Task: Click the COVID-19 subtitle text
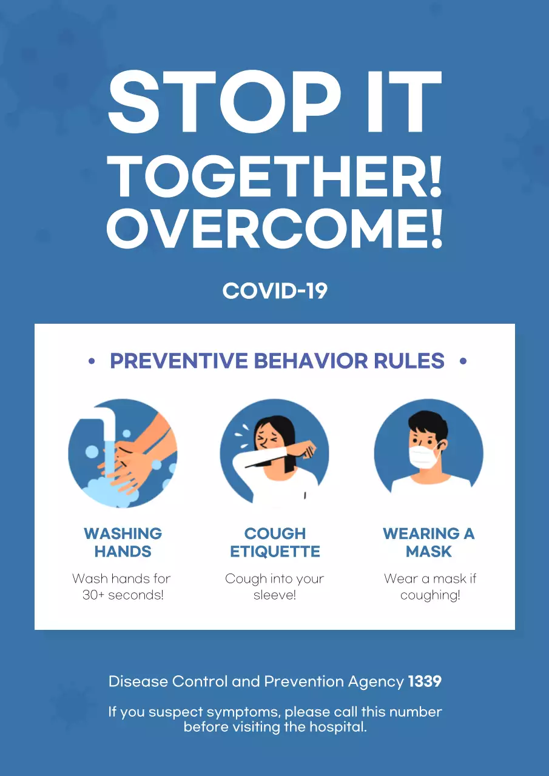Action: click(275, 291)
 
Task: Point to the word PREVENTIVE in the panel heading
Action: click(179, 361)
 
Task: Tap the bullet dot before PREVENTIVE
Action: click(92, 361)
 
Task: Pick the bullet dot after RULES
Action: click(463, 361)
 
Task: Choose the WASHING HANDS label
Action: click(123, 543)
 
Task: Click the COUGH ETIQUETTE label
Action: click(275, 543)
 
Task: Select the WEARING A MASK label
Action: click(429, 543)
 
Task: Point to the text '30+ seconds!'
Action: click(123, 595)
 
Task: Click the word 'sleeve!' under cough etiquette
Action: click(275, 595)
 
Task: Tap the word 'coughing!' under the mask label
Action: click(430, 595)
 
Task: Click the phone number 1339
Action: click(425, 681)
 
